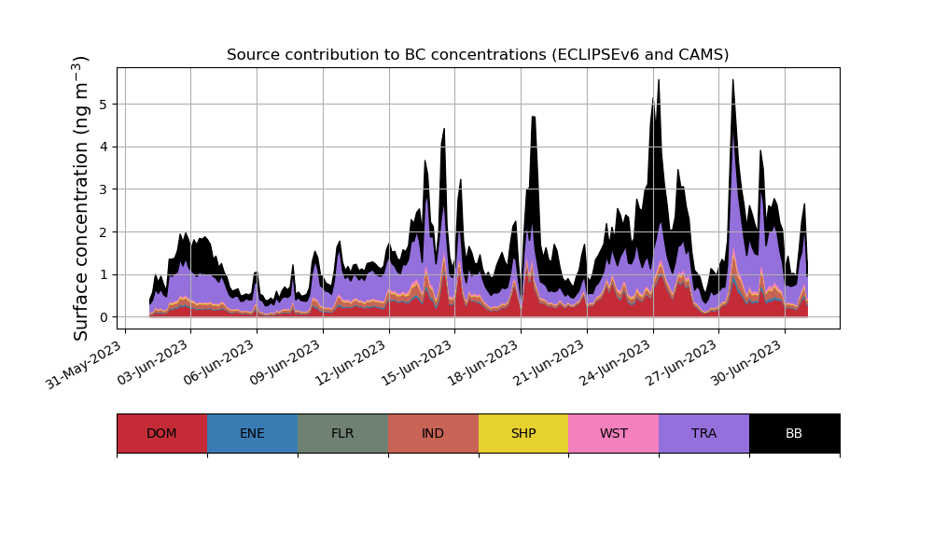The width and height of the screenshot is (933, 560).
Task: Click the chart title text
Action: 478,55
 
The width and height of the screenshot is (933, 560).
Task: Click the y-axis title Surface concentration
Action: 81,198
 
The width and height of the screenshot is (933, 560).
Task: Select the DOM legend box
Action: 161,433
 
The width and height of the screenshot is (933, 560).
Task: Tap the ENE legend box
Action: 252,433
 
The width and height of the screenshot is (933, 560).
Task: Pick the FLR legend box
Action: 342,433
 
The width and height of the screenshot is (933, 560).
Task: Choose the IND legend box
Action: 433,433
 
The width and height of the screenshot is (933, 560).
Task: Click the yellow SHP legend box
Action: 523,433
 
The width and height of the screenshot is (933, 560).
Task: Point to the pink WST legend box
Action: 614,433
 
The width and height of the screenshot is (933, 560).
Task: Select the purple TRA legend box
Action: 704,433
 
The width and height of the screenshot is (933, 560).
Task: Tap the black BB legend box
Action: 794,433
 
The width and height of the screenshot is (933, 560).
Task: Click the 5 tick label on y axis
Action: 104,104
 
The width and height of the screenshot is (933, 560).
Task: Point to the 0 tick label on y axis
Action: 104,317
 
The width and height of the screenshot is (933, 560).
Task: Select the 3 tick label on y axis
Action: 104,189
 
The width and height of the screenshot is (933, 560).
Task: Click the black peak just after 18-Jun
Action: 534,119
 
